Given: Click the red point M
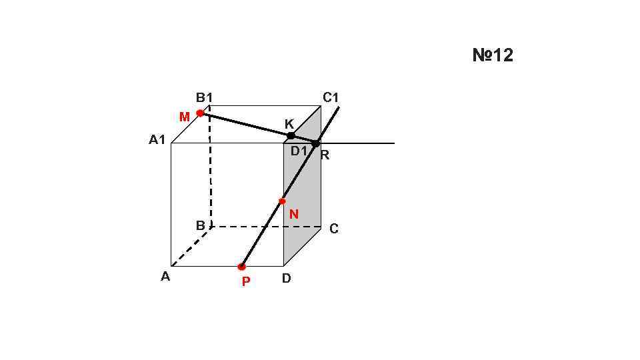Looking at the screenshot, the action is point(200,113).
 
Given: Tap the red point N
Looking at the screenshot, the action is point(282,201).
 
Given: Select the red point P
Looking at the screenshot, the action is point(241,267).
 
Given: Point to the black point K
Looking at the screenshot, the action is point(291,136).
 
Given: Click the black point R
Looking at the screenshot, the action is point(316,143).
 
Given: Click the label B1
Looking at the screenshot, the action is point(204,98).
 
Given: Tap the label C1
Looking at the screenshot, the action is point(331,98).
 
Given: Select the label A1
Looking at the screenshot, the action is point(157,141).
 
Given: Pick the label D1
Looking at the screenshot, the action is point(299,151).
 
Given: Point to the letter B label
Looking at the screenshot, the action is point(200,226).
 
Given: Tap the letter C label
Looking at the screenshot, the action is point(334,229).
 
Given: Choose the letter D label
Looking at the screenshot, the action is point(286,279).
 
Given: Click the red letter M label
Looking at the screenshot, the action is point(185,117).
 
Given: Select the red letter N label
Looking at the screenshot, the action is point(293,215).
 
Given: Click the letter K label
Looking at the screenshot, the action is point(289,125).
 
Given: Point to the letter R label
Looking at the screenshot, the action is point(325,156).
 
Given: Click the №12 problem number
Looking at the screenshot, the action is point(493,55).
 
